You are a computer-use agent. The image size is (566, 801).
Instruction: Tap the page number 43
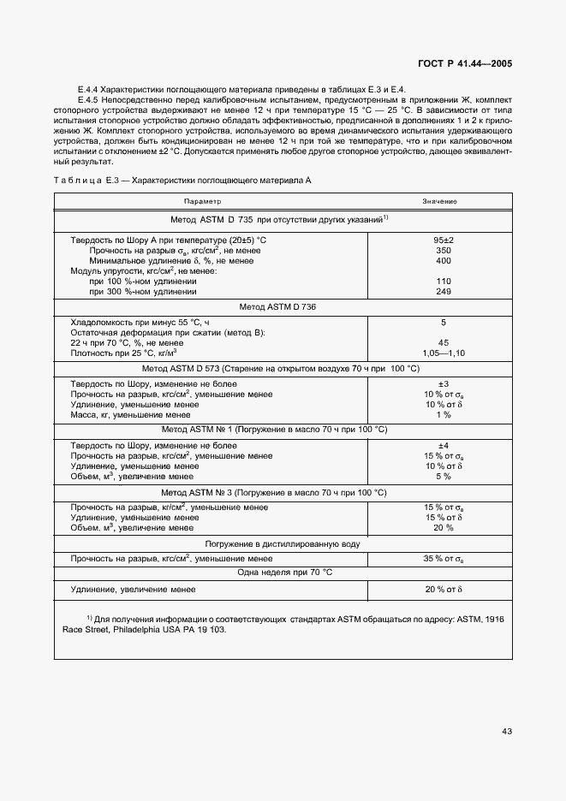coord(508,730)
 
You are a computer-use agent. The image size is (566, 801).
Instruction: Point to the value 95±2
coord(443,240)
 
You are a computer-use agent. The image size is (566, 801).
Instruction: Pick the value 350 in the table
coord(443,251)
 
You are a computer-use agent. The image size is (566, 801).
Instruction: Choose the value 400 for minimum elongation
coord(443,261)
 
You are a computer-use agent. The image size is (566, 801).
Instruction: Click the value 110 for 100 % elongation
coord(443,281)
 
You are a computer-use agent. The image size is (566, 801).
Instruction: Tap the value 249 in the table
coord(443,291)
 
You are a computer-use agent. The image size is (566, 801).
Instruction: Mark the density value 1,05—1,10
coord(443,352)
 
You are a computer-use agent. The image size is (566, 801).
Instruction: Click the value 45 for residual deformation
coord(443,341)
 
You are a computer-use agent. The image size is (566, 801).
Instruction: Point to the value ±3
coord(443,384)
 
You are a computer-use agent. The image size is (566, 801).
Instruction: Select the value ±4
coord(443,445)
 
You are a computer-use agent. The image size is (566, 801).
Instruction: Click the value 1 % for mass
coord(443,415)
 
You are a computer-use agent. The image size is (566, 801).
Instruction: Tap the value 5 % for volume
coord(443,476)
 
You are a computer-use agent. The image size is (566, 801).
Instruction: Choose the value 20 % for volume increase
coord(443,527)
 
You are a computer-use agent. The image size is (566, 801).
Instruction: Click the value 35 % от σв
coord(443,558)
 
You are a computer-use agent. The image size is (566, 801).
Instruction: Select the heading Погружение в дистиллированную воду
coord(282,543)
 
